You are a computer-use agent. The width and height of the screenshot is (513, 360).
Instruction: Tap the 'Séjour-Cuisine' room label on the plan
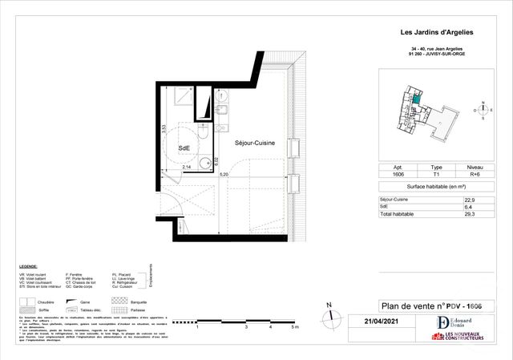tap(255, 143)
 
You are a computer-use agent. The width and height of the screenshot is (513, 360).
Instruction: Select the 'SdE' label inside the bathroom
tap(184, 148)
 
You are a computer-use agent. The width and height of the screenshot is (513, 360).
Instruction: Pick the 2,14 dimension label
tap(187, 166)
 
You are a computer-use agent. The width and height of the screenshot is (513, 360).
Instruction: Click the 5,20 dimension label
tap(224, 174)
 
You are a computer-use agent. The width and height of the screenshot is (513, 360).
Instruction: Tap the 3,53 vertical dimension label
tap(164, 128)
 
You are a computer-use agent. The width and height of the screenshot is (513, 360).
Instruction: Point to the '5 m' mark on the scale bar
tap(295, 327)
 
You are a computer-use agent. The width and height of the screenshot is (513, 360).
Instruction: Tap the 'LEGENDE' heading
tap(29, 265)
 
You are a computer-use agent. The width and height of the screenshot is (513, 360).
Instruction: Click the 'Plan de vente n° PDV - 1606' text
tap(422, 305)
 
